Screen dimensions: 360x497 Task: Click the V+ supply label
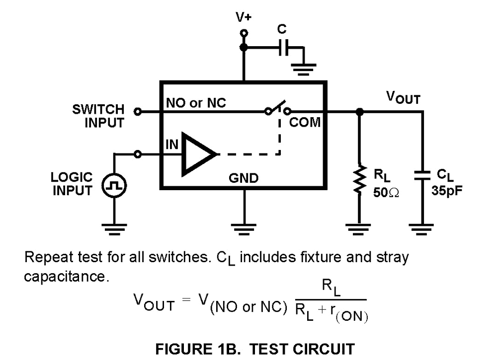coord(244,17)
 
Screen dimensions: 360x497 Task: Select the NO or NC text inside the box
coord(196,103)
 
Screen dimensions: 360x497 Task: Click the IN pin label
coord(171,144)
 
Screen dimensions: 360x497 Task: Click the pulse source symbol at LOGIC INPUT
coord(114,187)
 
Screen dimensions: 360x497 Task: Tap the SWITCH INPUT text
coord(98,116)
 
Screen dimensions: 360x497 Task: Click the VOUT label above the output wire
coord(403,98)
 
